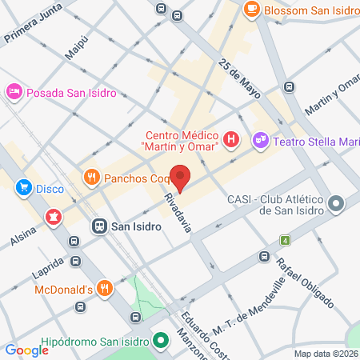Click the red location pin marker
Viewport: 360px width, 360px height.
181,178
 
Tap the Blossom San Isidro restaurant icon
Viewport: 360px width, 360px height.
251,10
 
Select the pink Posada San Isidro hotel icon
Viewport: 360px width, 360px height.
14,93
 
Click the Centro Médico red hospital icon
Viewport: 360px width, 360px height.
231,141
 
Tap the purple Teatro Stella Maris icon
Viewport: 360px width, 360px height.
260,140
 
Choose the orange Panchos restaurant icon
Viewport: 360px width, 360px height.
92,177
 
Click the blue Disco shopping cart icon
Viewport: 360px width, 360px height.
24,189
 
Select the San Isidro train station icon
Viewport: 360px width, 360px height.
99,226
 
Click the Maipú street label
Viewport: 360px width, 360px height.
75,47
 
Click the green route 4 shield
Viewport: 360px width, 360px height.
284,240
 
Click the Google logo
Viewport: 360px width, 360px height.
26,350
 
